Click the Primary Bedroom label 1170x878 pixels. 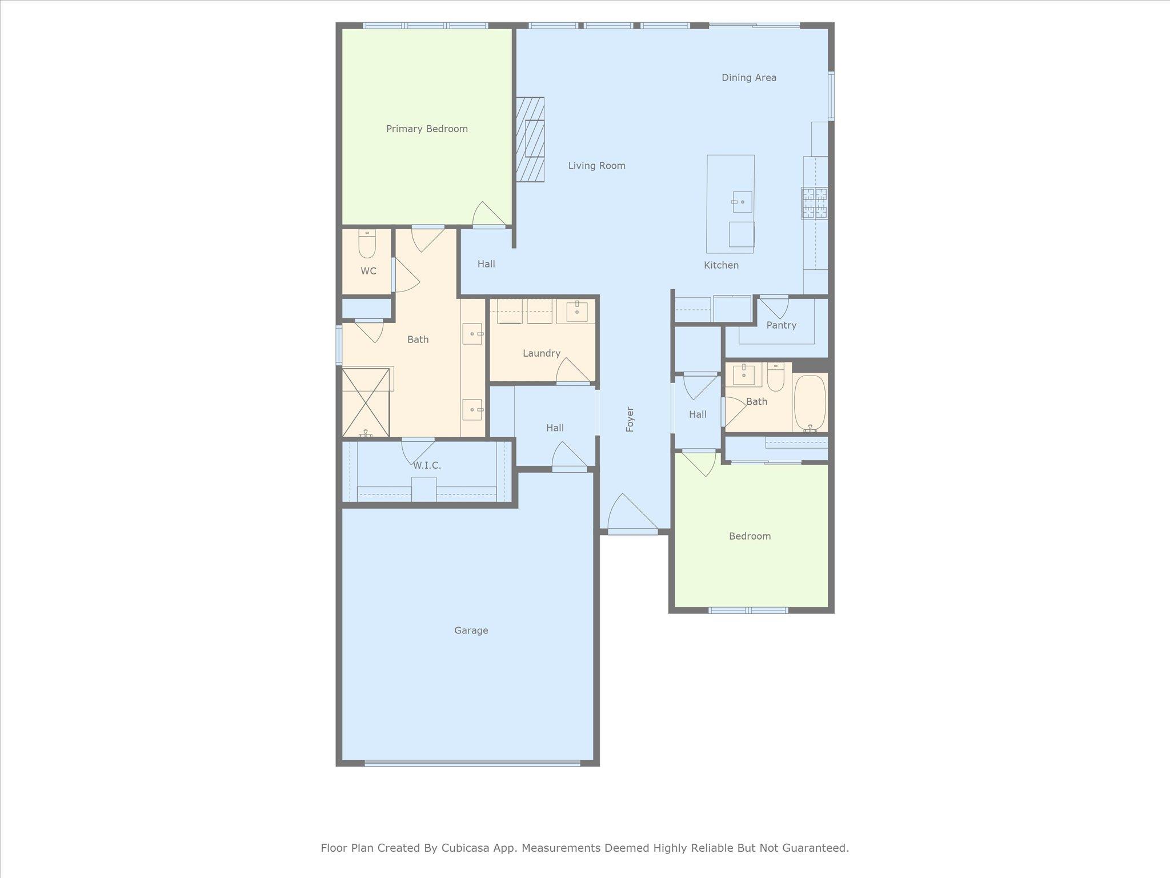[427, 129]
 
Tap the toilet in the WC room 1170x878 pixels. [367, 245]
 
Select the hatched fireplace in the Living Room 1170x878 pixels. [531, 139]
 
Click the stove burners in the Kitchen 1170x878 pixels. [814, 203]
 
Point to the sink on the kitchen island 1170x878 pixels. [742, 202]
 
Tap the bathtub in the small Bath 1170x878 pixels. [810, 402]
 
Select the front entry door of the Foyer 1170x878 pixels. [632, 514]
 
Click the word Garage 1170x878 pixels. [471, 630]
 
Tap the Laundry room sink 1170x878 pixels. [577, 312]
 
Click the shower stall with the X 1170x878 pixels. [366, 402]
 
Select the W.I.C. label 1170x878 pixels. [427, 465]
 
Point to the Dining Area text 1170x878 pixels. [748, 78]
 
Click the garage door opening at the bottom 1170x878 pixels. [472, 763]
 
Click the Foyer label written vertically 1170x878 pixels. [630, 419]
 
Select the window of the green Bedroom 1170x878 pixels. [748, 610]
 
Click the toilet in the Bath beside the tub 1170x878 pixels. [775, 377]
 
